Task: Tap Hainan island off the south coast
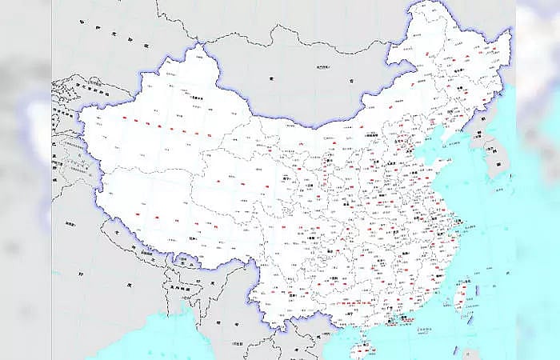362,349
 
